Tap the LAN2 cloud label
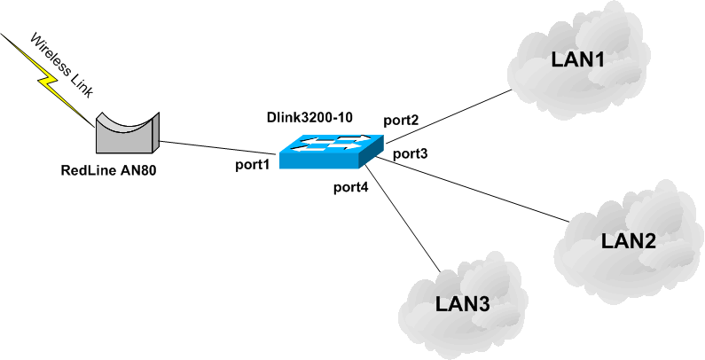click(627, 240)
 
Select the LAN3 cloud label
click(462, 304)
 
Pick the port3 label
click(411, 153)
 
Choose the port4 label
click(351, 186)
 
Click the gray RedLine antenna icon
click(126, 132)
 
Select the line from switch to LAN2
click(479, 188)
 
